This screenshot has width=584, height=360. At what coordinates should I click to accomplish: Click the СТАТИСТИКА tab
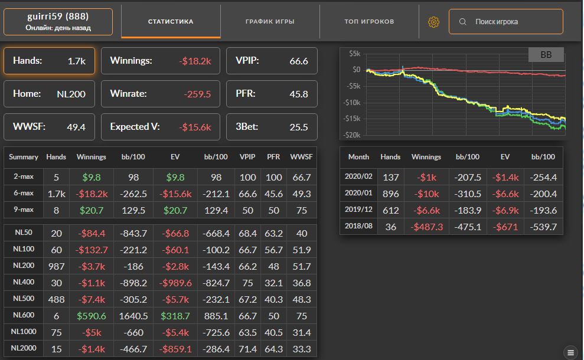click(x=171, y=22)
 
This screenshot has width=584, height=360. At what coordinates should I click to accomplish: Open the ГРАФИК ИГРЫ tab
click(x=270, y=22)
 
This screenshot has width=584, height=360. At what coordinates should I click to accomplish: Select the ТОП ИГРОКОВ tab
click(x=369, y=22)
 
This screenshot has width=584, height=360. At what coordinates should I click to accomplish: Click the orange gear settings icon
click(x=433, y=22)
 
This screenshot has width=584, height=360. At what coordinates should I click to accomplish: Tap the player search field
click(x=505, y=22)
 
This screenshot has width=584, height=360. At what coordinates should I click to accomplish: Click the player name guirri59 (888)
click(x=58, y=17)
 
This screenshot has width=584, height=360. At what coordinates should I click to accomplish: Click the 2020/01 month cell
click(x=358, y=193)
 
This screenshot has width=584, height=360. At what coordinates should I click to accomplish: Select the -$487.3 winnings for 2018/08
click(x=426, y=227)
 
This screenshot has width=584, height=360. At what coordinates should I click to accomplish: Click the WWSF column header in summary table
click(x=301, y=157)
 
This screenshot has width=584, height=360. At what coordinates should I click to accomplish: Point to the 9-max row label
click(x=24, y=210)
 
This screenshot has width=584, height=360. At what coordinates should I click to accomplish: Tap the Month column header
click(x=358, y=157)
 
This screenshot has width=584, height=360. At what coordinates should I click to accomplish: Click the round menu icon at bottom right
click(x=570, y=352)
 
